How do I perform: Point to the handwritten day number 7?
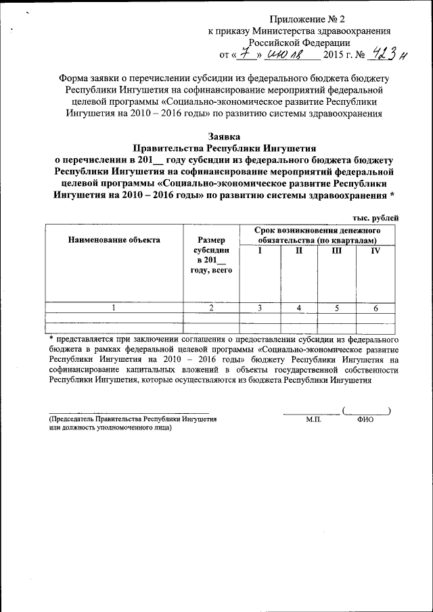coord(236,53)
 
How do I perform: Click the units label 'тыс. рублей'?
coord(375,217)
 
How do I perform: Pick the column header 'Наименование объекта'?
coord(114,239)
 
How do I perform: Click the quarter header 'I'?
coord(259,250)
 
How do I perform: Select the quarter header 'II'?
coord(298,250)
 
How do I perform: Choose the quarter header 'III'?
coord(337,250)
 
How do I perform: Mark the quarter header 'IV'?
coord(375,250)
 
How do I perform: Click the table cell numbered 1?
coord(114,308)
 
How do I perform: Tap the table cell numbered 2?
coord(211,308)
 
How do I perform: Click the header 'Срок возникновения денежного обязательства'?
coord(317,235)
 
